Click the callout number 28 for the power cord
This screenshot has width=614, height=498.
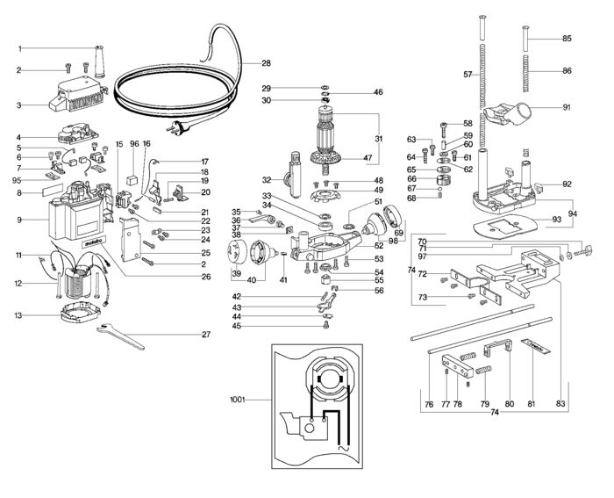pyautogui.click(x=266, y=63)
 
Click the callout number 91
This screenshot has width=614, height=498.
pyautogui.click(x=567, y=107)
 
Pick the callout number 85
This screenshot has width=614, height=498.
pyautogui.click(x=567, y=39)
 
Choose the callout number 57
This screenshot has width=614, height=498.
pyautogui.click(x=468, y=75)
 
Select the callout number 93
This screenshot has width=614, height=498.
pyautogui.click(x=557, y=219)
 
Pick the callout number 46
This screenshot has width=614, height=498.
pyautogui.click(x=378, y=91)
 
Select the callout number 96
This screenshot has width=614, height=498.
pyautogui.click(x=134, y=143)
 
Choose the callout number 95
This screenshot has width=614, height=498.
pyautogui.click(x=18, y=180)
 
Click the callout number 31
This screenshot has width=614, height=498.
pyautogui.click(x=378, y=138)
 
